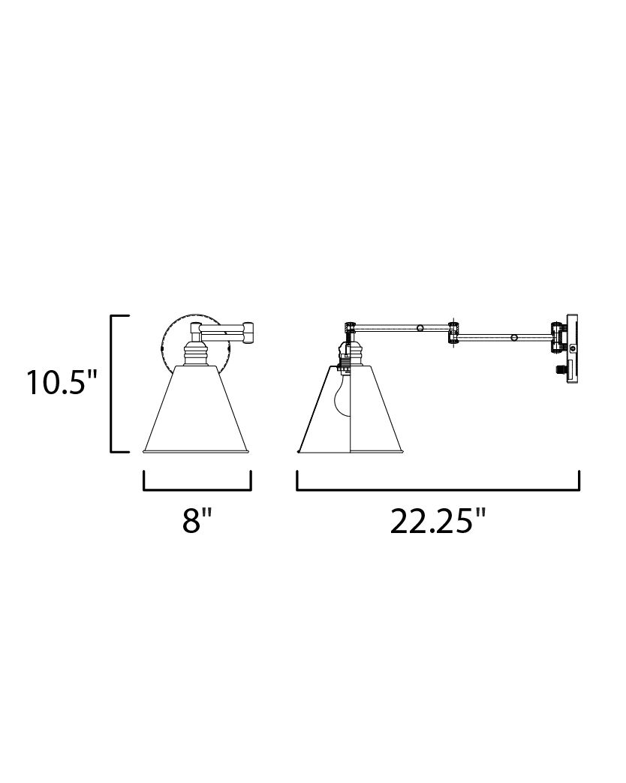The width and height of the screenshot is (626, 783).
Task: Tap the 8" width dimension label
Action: coord(197,519)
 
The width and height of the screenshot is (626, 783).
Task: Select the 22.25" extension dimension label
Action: coord(438,519)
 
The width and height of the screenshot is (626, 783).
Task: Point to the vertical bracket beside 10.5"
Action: coord(113,384)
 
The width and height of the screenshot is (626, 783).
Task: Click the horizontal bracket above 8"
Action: coord(197,488)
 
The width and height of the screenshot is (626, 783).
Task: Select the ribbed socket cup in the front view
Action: coord(197,351)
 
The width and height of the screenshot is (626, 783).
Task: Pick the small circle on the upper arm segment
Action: coord(420,327)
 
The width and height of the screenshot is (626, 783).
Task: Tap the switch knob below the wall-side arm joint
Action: coord(560,369)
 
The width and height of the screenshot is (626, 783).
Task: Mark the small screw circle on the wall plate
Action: coord(573,349)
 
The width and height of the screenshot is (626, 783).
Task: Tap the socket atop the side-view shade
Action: coord(349,353)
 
